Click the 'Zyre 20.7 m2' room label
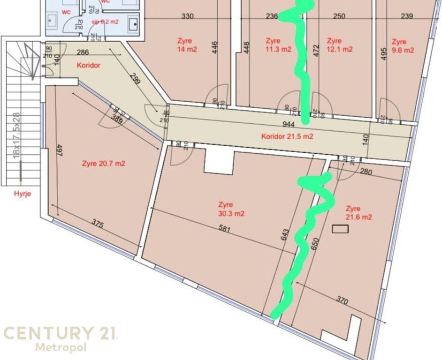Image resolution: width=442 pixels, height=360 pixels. pyautogui.click(x=103, y=164)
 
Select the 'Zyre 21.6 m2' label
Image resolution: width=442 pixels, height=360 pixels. pyautogui.click(x=358, y=213)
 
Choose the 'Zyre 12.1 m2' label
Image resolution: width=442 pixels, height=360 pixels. pyautogui.click(x=339, y=45)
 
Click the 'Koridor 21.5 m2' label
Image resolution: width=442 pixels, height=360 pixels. pyautogui.click(x=287, y=137)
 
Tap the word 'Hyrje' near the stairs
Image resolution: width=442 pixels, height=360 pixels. pyautogui.click(x=22, y=194)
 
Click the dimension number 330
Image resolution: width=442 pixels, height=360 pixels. pyautogui.click(x=188, y=16)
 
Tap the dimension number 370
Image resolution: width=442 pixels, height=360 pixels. pyautogui.click(x=342, y=301)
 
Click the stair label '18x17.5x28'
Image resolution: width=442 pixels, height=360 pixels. pyautogui.click(x=16, y=136)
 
